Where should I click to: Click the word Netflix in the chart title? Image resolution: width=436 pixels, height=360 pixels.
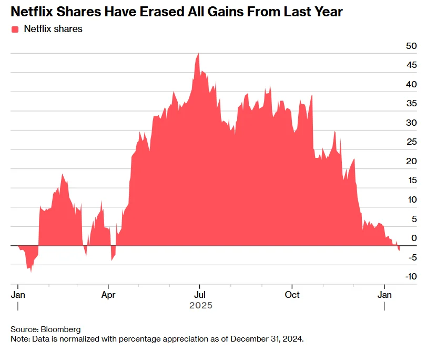35,12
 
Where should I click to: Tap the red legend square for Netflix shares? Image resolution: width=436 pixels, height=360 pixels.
15,29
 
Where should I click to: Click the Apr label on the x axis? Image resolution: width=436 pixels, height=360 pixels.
108,295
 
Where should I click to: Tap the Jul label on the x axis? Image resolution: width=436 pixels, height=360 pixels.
199,295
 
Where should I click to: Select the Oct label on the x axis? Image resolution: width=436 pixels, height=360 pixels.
292,295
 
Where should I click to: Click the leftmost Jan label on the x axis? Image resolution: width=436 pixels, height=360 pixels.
18,295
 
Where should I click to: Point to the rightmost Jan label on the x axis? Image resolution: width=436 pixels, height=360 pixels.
385,295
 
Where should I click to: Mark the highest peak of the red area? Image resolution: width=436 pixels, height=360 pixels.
198,54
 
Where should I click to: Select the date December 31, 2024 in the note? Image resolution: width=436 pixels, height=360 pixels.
266,339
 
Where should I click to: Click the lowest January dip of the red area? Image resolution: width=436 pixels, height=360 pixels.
31,271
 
